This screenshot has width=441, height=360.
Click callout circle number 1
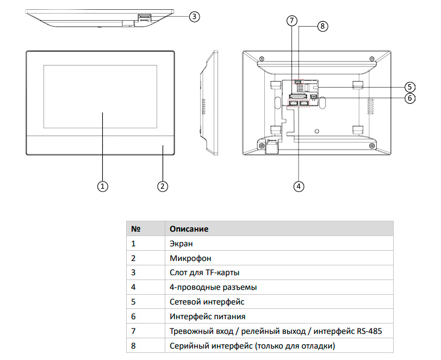click(102, 186)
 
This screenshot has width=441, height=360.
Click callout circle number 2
click(162, 186)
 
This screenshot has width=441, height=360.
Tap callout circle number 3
click(194, 16)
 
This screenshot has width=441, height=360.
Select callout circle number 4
click(298, 186)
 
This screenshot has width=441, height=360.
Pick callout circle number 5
click(409, 86)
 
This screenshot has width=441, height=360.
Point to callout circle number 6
click(409, 98)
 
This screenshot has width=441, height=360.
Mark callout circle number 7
click(292, 21)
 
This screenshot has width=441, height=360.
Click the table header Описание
click(189, 229)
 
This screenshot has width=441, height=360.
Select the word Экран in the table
click(181, 244)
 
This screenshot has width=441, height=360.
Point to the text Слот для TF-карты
click(204, 273)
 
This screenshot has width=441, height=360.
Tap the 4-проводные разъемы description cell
click(213, 287)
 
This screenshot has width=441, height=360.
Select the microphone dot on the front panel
click(162, 146)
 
